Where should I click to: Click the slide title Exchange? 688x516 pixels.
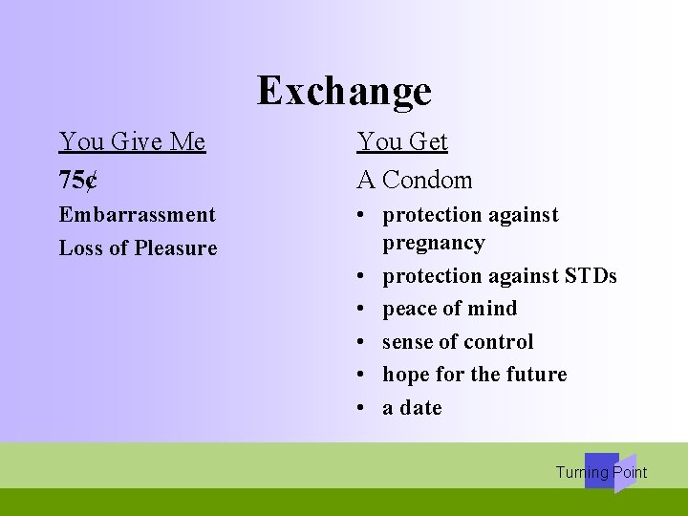(x=344, y=91)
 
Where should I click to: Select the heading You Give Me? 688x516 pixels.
(x=132, y=141)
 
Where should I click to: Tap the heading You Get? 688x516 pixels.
(x=402, y=141)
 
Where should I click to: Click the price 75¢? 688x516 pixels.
(x=78, y=180)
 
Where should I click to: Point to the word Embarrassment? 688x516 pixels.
(x=138, y=215)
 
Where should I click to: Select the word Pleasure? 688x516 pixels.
(x=176, y=248)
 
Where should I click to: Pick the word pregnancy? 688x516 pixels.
(x=433, y=244)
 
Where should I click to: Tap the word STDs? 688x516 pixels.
(x=591, y=276)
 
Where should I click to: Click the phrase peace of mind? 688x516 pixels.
(x=449, y=309)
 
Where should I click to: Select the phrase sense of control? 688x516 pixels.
(x=458, y=342)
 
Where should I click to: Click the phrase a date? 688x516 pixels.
(x=412, y=408)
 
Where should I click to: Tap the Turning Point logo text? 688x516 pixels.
(x=601, y=472)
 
